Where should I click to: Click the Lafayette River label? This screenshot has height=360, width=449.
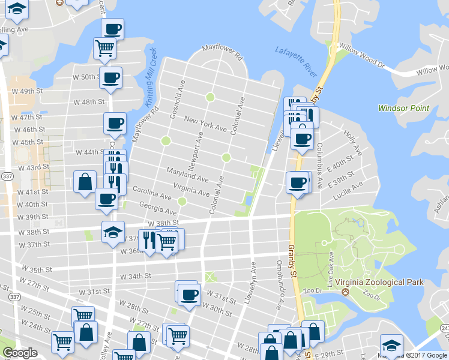296,61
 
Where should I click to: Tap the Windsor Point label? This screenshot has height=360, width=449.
404,108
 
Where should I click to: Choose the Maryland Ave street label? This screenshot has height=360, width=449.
187,175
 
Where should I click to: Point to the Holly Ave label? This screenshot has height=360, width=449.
351,140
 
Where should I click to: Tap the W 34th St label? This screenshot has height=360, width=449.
134,277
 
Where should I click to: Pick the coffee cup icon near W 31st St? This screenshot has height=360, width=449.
190,295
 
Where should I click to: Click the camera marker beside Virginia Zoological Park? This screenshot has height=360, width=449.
345,292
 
